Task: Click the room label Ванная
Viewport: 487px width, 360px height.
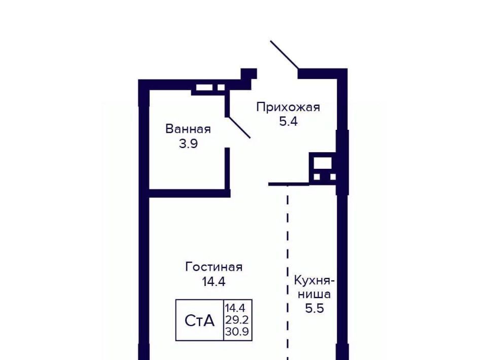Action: click(188, 129)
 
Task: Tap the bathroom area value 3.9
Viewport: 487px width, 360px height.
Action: click(188, 143)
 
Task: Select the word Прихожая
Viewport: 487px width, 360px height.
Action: click(288, 107)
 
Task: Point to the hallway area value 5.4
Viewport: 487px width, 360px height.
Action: click(288, 121)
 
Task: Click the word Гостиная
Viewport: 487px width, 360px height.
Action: click(214, 267)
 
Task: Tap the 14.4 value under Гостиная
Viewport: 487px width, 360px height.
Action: click(214, 281)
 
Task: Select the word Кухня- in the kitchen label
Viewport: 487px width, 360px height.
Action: click(315, 280)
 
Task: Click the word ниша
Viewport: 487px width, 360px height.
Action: click(315, 294)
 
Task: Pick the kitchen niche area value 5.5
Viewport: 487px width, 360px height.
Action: click(315, 308)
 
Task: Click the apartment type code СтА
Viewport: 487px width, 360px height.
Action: click(199, 320)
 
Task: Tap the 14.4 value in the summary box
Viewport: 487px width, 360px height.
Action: click(235, 308)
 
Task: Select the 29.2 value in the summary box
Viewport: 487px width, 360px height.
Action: click(237, 319)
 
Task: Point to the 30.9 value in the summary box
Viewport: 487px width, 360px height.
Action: click(237, 332)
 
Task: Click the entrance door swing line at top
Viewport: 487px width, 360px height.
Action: click(285, 55)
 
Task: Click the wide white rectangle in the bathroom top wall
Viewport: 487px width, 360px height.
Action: click(204, 88)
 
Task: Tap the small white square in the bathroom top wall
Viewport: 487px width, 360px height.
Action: click(221, 88)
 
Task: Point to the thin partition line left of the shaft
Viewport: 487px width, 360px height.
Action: click(289, 185)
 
